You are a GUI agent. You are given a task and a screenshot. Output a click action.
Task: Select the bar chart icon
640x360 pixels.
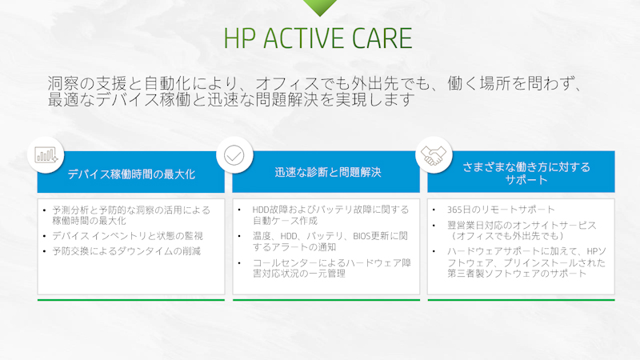(45, 154)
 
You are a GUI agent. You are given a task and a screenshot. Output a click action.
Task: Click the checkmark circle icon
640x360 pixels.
(234, 154)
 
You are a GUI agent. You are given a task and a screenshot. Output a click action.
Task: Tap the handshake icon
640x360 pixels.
(434, 154)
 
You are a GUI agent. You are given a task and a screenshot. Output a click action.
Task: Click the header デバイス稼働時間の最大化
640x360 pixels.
(131, 173)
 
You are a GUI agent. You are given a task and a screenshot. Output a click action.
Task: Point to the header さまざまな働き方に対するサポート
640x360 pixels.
(526, 173)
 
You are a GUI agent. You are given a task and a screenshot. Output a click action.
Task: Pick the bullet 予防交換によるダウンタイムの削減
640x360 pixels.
(126, 250)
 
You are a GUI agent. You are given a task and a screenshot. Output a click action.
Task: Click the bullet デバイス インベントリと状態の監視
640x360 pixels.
(128, 235)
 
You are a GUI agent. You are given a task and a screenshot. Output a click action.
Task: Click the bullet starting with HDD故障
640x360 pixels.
(331, 214)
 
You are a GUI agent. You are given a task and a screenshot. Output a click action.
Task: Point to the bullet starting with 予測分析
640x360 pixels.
(131, 214)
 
